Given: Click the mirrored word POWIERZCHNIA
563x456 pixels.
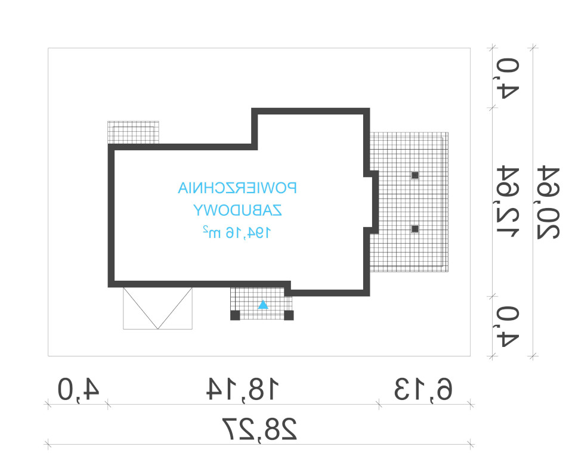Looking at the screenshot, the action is (237, 188).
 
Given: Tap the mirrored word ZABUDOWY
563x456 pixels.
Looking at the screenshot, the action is (237, 210).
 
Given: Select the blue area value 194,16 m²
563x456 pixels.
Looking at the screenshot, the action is (237, 232).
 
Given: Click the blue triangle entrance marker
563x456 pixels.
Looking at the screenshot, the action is (263, 305).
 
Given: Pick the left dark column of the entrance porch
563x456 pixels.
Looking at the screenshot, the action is (235, 315).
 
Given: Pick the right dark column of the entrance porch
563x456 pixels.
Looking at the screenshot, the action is (289, 315).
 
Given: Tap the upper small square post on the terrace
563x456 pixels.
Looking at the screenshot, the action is (415, 175).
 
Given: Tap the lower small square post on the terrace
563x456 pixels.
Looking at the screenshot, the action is (415, 228).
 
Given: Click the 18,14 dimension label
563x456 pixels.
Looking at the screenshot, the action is (243, 389).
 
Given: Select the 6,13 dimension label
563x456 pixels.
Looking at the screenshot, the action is (423, 389).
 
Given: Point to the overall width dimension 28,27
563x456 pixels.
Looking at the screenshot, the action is (259, 429).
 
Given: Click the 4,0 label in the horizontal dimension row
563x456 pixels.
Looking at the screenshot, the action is (78, 389).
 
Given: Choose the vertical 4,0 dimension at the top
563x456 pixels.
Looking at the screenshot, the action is (508, 78).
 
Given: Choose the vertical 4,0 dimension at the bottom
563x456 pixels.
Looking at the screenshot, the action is (508, 327).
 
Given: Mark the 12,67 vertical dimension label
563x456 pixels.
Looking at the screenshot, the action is (508, 202).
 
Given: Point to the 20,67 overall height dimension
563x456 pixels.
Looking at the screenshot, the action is (548, 202).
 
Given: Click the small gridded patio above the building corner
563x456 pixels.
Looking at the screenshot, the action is (133, 133).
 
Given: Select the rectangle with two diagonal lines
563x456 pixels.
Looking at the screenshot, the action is (157, 308).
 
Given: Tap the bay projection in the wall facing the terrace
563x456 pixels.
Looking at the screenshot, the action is (375, 202).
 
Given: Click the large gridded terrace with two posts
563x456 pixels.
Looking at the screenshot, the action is (409, 202).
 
